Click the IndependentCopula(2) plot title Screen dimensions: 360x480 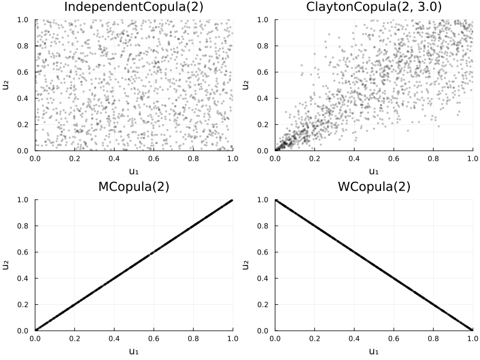pos(134,7)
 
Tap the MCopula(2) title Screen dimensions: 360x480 pos(134,187)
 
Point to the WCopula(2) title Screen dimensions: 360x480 pos(374,187)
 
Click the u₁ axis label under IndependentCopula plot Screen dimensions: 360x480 pos(134,172)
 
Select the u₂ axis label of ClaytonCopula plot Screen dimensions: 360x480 pos(246,85)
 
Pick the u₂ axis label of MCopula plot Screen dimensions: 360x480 pos(6,265)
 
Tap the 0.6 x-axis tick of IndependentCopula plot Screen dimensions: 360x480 pos(154,159)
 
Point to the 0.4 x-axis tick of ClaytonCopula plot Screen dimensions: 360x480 pos(354,159)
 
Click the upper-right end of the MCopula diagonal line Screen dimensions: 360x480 pos(232,201)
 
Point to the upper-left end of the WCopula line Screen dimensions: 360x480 pos(275,200)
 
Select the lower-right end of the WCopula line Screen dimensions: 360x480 pos(472,329)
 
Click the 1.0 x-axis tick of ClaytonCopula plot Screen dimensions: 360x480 pos(472,159)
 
